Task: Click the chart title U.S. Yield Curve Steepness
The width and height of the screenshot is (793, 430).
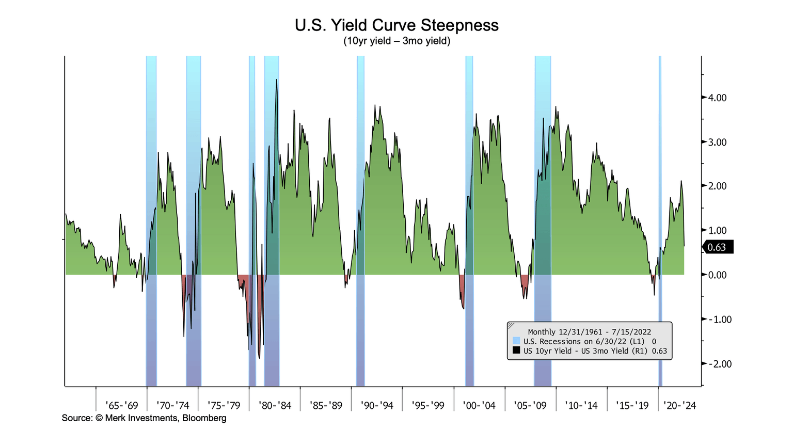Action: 396,25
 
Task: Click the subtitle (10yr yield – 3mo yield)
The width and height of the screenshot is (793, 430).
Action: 396,41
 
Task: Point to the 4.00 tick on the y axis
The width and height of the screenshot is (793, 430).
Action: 717,98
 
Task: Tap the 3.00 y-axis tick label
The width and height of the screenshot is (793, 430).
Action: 717,142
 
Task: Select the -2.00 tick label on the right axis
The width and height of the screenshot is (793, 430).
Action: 718,364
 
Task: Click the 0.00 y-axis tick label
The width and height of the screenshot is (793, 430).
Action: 717,275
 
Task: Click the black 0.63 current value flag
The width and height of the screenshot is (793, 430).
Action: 718,247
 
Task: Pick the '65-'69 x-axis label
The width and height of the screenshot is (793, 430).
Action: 121,405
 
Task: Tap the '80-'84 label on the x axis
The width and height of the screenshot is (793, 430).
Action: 275,405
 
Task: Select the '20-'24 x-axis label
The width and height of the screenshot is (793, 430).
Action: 679,405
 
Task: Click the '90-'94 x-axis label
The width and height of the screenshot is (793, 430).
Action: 377,405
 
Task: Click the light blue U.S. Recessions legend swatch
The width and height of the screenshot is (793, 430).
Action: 516,341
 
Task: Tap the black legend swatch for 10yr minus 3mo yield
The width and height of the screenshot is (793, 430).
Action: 516,351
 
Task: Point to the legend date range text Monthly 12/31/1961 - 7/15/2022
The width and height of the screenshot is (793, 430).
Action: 589,332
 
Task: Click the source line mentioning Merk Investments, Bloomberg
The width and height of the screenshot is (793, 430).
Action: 144,418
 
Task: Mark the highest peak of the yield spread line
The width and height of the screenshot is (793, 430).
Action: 277,80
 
